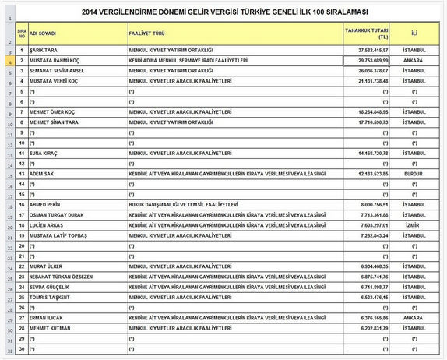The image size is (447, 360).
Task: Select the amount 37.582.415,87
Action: tap(368, 49)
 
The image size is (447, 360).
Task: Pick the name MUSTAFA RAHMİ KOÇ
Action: tap(57, 60)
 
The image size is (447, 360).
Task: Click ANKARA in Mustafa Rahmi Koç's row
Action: tap(414, 60)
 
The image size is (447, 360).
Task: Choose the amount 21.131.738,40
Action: tap(368, 81)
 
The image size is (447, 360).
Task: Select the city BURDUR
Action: tap(414, 174)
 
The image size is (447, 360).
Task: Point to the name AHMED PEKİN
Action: tap(48, 205)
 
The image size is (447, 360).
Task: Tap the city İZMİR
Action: tap(414, 225)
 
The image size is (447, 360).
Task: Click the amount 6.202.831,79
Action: tap(368, 328)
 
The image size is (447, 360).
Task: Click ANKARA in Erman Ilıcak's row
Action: tap(414, 318)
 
